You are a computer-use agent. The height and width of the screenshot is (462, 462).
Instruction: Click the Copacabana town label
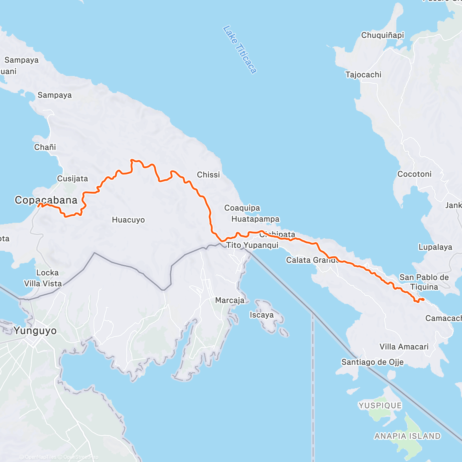[46, 200]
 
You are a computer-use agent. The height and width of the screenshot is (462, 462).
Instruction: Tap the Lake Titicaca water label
[239, 50]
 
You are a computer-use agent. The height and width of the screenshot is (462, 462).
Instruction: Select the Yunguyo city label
[35, 330]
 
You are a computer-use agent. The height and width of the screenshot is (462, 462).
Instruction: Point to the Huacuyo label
[128, 220]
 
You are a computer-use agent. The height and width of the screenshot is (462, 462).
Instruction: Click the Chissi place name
[208, 175]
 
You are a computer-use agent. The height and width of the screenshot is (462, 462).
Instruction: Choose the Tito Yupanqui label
[252, 245]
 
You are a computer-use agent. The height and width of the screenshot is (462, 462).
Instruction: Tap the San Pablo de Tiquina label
[424, 282]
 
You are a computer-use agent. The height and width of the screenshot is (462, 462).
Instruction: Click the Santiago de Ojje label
[372, 362]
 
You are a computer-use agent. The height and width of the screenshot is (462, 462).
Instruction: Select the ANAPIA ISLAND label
[407, 436]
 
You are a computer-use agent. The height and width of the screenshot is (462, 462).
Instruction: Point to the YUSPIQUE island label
[380, 405]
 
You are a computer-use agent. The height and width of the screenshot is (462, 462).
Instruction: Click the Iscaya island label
[261, 315]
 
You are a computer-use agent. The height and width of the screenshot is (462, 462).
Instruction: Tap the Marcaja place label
[230, 300]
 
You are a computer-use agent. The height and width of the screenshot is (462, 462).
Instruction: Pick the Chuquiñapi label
[382, 35]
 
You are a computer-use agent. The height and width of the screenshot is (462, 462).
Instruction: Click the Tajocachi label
[363, 75]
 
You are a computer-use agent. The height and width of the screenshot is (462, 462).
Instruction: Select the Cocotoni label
[414, 174]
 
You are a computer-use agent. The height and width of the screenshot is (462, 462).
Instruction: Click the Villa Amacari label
[404, 346]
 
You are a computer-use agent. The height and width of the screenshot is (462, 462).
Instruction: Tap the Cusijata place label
[72, 179]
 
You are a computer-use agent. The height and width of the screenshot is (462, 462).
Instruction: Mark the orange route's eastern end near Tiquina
[423, 300]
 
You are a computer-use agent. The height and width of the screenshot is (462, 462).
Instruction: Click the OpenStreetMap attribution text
[80, 457]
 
